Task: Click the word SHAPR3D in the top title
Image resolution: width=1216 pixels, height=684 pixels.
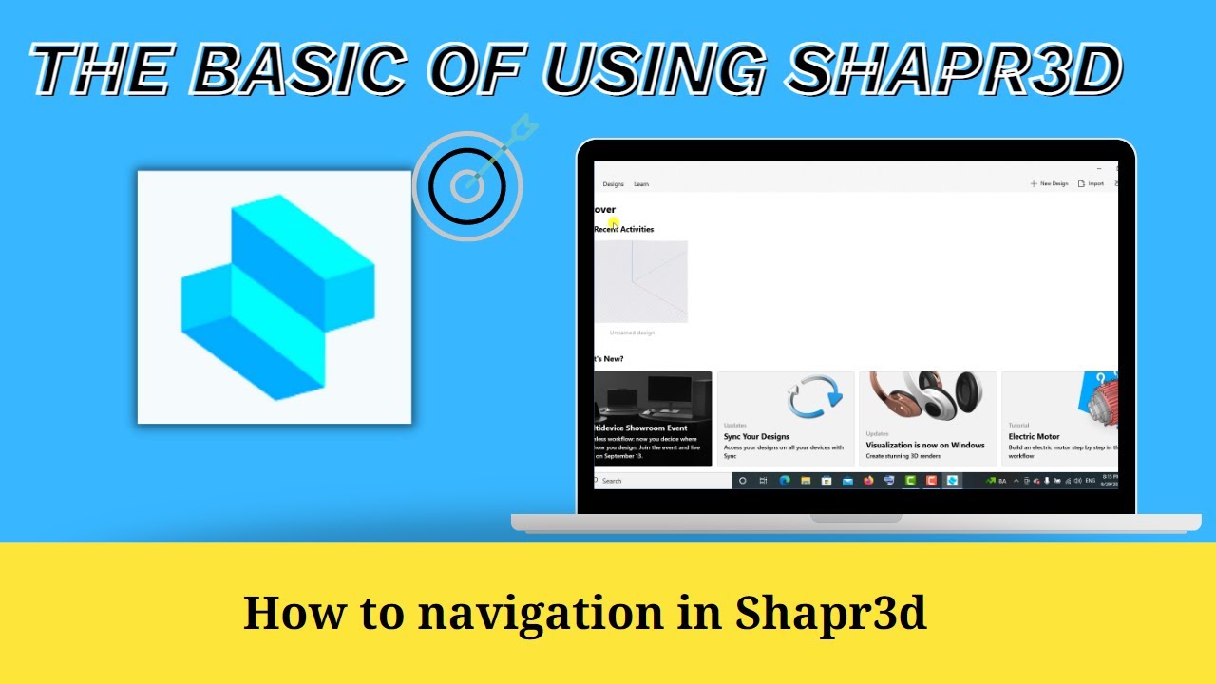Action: pos(956,69)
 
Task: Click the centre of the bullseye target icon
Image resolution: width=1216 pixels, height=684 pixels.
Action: pos(465,186)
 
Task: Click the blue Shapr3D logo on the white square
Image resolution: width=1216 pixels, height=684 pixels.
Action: pos(276,296)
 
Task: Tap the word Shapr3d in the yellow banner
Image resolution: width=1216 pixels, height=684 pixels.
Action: pos(830,613)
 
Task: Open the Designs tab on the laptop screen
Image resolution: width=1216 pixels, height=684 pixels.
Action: pos(613,184)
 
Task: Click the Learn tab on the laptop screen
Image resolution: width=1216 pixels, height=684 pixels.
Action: pos(641,184)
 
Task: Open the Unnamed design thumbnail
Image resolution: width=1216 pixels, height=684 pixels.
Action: pos(640,282)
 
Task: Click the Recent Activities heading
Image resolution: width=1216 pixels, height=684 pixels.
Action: pos(624,229)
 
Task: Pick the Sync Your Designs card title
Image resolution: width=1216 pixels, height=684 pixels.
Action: pos(756,437)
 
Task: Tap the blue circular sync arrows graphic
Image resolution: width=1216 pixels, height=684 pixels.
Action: pos(814,397)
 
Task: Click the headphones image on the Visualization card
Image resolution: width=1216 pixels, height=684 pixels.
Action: pos(926,396)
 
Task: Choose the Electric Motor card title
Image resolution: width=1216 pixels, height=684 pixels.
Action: pos(1034,437)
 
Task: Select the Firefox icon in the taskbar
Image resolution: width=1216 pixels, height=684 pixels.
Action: pos(868,481)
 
